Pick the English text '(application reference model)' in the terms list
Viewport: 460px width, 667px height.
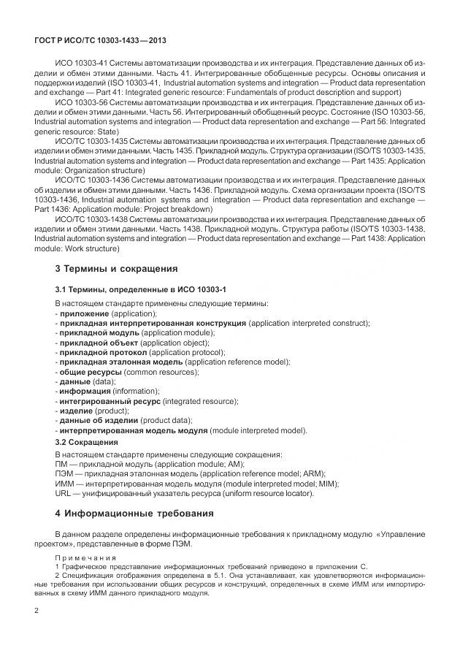[x=237, y=362]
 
